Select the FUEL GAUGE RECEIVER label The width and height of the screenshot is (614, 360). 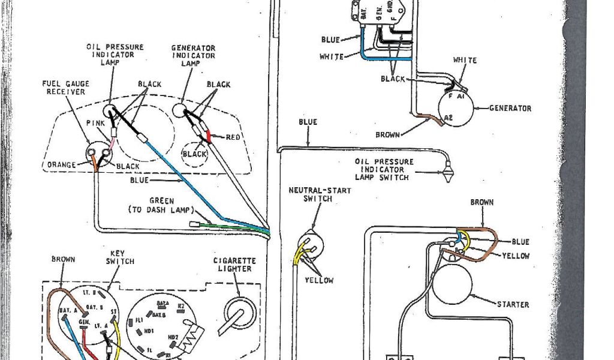point(63,87)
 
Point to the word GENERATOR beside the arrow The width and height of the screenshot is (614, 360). point(510,109)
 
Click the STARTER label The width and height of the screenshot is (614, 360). point(513,305)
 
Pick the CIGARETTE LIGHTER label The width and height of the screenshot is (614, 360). point(234,265)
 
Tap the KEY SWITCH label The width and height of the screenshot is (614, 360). point(120,257)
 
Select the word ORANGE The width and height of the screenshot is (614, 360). point(62,164)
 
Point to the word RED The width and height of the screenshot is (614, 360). point(233,137)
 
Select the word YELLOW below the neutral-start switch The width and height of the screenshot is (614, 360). point(318,280)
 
